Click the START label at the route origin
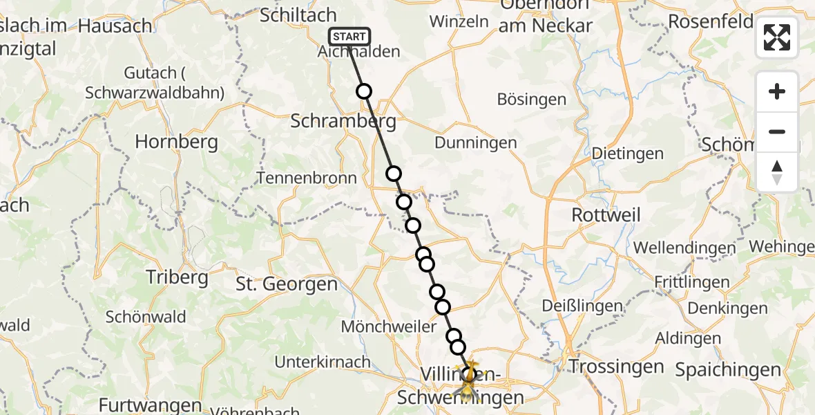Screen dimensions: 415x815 tap(349, 37)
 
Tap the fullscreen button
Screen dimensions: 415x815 tap(777, 37)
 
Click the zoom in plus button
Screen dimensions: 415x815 tap(777, 91)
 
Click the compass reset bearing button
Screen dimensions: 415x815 tap(777, 172)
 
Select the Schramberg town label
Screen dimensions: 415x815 tap(343, 122)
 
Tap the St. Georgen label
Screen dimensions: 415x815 tap(287, 284)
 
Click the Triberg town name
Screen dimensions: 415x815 tap(177, 277)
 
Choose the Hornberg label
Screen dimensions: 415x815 tap(176, 142)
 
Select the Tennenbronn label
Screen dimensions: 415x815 tap(307, 178)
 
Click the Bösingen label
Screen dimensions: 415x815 tap(532, 99)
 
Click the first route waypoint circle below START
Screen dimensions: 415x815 tap(364, 91)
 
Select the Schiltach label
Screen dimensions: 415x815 tap(298, 15)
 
